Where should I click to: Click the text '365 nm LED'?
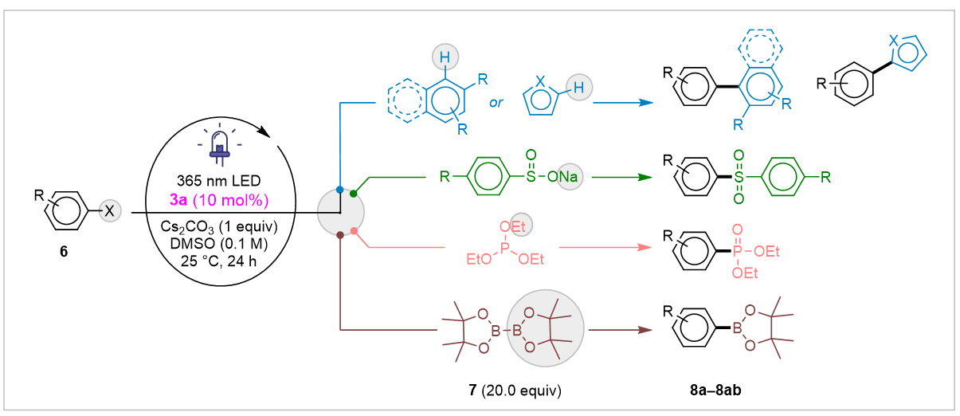(218, 181)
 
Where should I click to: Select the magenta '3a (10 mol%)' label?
(219, 200)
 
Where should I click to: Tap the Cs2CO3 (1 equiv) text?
(218, 226)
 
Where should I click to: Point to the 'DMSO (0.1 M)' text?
(218, 244)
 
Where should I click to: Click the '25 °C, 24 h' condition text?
(218, 261)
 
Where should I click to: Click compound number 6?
(64, 251)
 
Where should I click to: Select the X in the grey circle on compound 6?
(110, 211)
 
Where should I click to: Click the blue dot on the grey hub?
(340, 190)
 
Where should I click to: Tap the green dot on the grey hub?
(353, 194)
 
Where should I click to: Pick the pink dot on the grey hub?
(354, 231)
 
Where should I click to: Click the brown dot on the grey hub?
(340, 235)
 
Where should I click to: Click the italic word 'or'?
(496, 103)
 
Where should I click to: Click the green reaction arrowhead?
(645, 177)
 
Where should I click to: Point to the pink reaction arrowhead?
(645, 248)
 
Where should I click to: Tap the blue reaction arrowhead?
(646, 103)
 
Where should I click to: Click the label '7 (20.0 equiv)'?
(515, 390)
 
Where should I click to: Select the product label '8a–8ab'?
(715, 390)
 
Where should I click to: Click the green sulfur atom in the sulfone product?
(739, 177)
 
